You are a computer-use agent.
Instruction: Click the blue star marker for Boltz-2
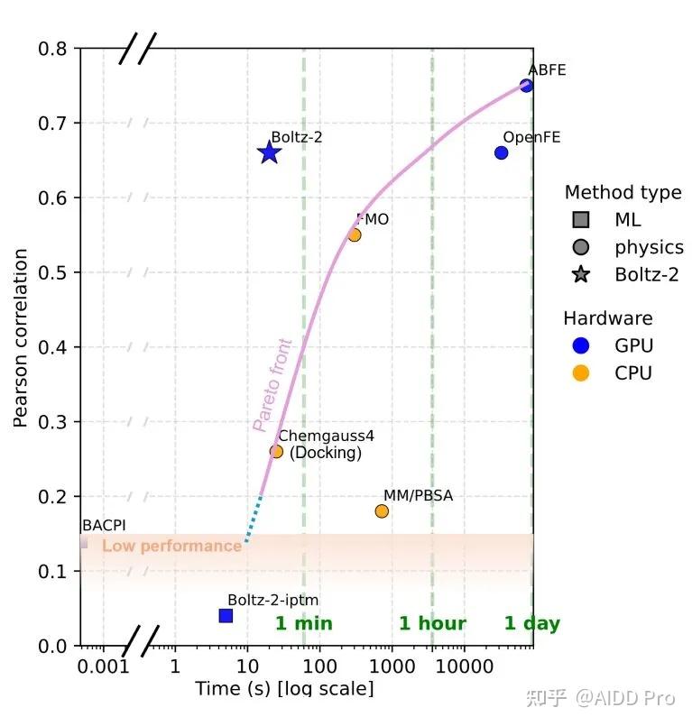point(269,153)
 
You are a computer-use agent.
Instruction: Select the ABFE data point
point(526,86)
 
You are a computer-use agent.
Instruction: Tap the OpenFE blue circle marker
point(501,152)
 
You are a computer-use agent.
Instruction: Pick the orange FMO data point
point(354,234)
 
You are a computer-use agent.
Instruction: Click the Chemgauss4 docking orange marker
point(276,451)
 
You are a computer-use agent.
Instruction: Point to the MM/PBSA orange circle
point(382,511)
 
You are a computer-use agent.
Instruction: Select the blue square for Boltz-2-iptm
point(226,615)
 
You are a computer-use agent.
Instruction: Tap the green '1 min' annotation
point(303,623)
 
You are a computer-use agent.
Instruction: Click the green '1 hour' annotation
point(432,623)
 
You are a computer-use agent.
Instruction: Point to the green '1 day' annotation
point(531,623)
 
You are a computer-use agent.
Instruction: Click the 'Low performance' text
point(171,546)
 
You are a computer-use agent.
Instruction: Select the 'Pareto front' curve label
point(272,385)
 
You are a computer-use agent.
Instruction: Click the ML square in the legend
point(581,219)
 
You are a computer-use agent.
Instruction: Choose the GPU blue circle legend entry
point(581,345)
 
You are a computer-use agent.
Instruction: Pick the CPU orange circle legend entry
point(581,372)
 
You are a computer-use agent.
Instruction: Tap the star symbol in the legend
point(581,274)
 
